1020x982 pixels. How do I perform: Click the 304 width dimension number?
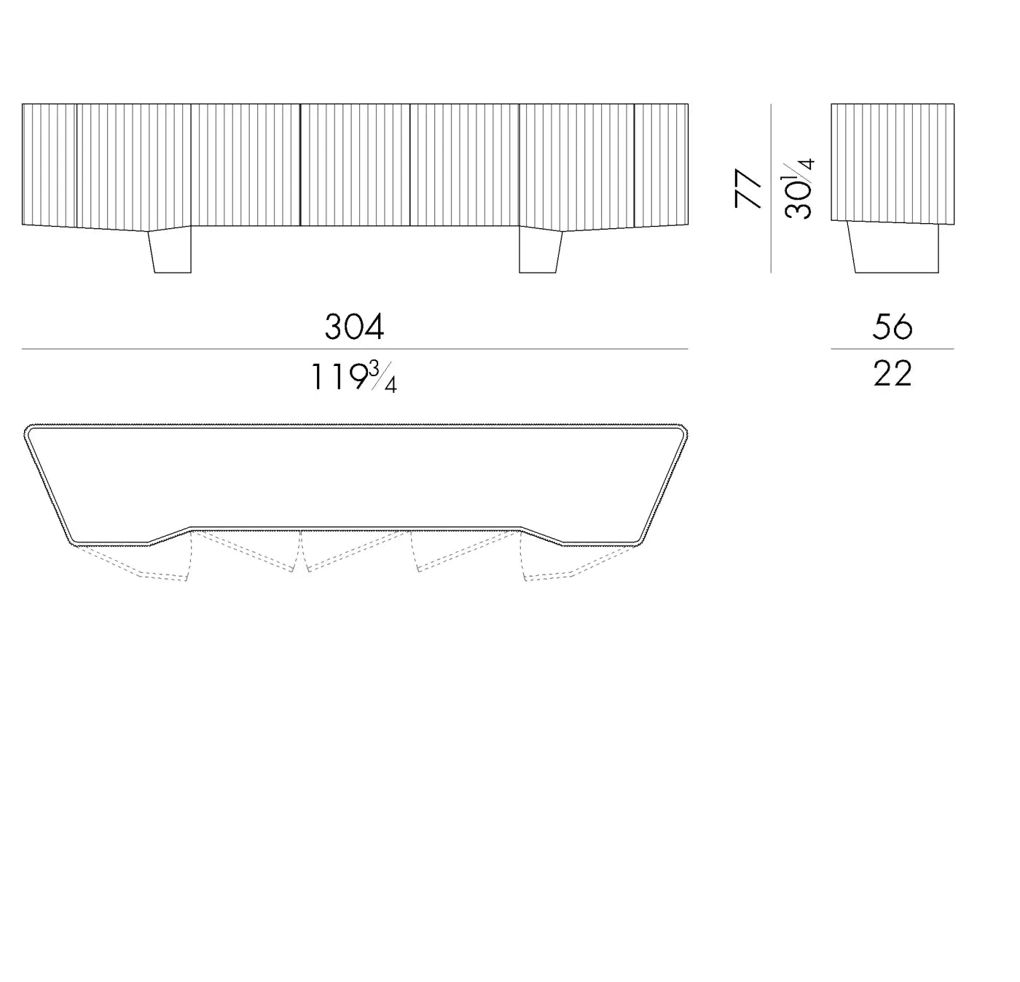click(354, 327)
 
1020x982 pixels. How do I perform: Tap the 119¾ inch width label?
click(354, 377)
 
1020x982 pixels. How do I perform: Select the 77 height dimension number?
click(748, 188)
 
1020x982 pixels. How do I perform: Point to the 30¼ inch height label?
click(799, 188)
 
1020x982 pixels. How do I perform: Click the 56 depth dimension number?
click(892, 327)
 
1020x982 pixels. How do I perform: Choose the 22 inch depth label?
click(892, 373)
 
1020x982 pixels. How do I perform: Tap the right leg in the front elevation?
click(541, 251)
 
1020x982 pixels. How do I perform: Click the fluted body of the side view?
click(892, 163)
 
